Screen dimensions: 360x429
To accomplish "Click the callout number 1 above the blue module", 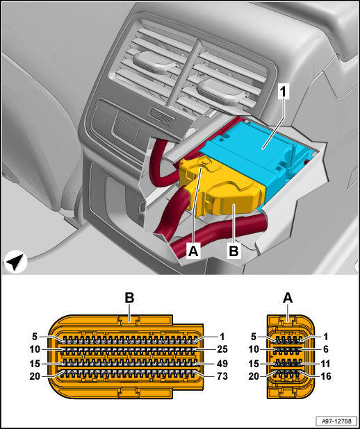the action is (x=284, y=92).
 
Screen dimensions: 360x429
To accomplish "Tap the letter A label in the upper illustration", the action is (x=193, y=251).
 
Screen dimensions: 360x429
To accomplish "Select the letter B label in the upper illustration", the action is (x=234, y=251).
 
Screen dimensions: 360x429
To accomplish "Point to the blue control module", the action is (x=255, y=156).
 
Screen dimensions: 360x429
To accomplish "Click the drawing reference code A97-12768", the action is (x=336, y=421).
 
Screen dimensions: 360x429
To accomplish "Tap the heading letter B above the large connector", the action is (x=129, y=298).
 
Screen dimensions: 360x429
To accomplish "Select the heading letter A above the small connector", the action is (x=288, y=298).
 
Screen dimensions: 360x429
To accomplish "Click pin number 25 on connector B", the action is (x=222, y=349).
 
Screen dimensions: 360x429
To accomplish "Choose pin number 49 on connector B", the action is (x=222, y=364).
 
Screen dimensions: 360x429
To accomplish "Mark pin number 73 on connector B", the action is (x=222, y=376).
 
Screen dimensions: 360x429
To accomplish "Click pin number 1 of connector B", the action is (x=222, y=337).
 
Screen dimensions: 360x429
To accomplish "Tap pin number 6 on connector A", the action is (x=325, y=349).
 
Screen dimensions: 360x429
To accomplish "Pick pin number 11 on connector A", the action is (x=325, y=364).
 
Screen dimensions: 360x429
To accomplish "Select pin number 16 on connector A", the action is (x=325, y=376).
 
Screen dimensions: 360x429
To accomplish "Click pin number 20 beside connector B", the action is (x=35, y=376).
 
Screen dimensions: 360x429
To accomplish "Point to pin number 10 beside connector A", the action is (x=254, y=349).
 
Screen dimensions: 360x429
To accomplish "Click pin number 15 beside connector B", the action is (x=35, y=364).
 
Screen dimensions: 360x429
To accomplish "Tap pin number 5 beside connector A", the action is (x=254, y=337).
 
